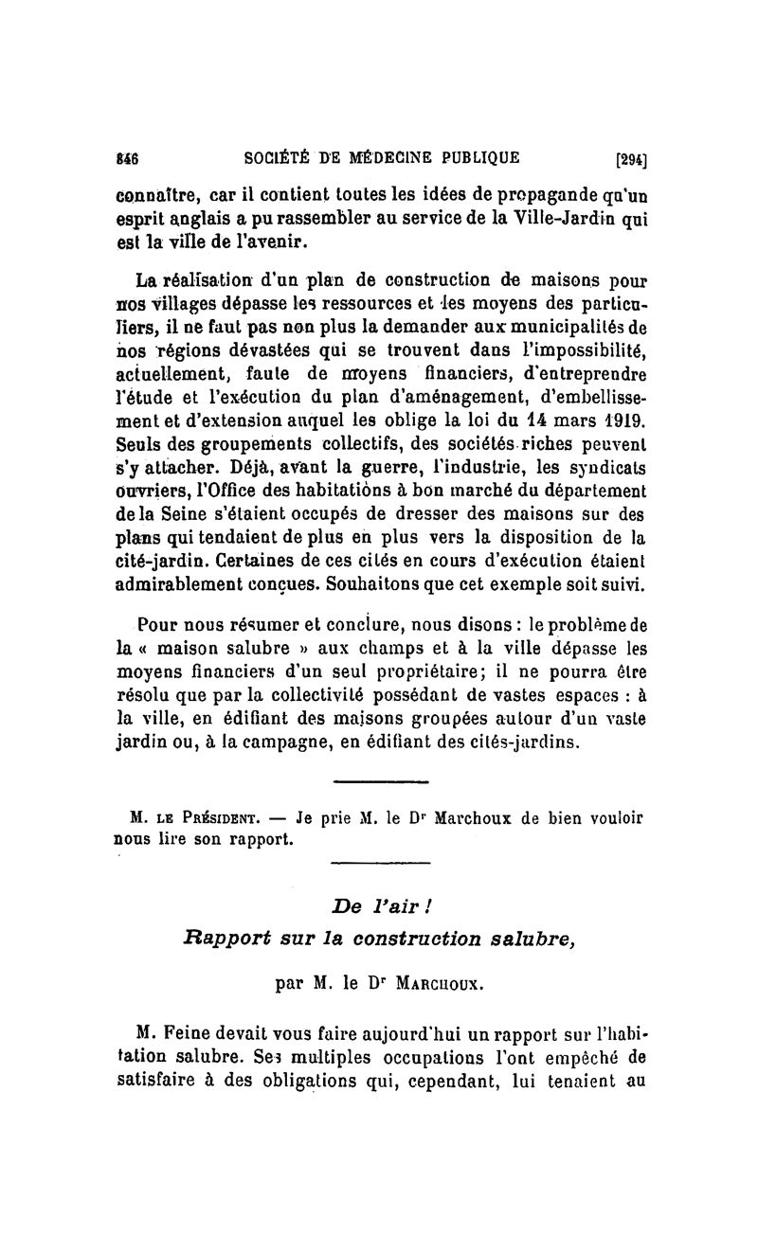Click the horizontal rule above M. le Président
tap(382, 781)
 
